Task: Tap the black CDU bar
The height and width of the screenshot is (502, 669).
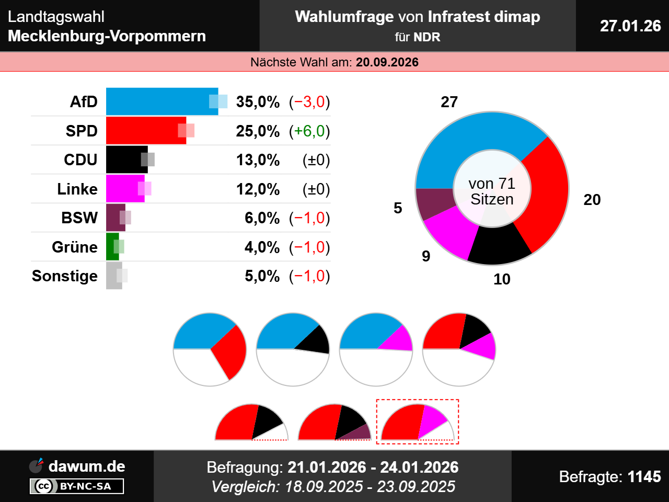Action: click(x=125, y=159)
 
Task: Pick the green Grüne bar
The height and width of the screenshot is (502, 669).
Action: click(x=112, y=247)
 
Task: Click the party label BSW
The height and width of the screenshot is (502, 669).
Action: click(x=79, y=218)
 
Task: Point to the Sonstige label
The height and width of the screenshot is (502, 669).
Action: click(x=65, y=276)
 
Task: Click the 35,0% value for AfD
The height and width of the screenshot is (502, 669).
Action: click(x=258, y=101)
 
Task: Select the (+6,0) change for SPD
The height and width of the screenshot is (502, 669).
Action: click(x=309, y=131)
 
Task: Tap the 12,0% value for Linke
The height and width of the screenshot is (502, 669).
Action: click(x=258, y=189)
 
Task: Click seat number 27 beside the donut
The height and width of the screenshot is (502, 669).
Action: click(x=449, y=102)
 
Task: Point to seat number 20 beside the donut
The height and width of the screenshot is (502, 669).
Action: click(x=592, y=200)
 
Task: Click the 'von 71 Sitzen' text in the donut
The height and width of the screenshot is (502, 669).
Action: click(x=492, y=191)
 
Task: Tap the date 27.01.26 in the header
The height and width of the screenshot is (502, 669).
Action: click(x=630, y=26)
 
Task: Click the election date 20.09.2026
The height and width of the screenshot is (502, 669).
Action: click(x=387, y=62)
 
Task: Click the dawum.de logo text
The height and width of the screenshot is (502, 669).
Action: click(x=86, y=466)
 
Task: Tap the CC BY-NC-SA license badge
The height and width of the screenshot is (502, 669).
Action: click(x=77, y=486)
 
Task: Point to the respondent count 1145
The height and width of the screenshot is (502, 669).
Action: click(x=644, y=476)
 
